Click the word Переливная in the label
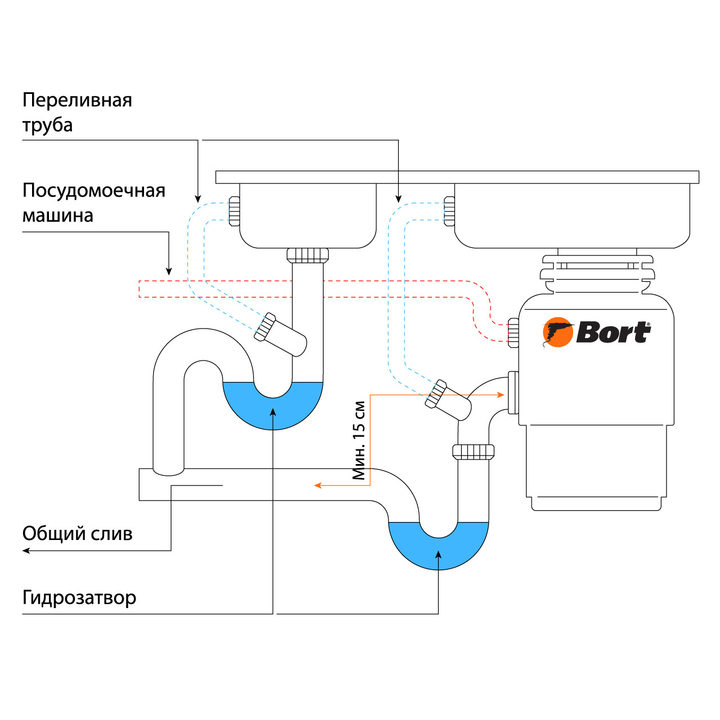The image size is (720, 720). pos(77,100)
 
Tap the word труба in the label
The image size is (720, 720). pos(47,125)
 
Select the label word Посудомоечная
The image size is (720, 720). pos(93,191)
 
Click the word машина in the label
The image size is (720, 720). pos(57,215)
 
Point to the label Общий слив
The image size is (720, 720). pos(77,533)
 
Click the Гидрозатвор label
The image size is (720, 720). pos(79,597)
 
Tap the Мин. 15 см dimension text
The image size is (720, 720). pos(359,440)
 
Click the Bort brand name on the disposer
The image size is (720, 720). pos(613,332)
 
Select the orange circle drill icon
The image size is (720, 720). pos(557,332)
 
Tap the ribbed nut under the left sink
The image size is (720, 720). pos(308,255)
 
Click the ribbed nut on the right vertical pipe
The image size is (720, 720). pos(473,451)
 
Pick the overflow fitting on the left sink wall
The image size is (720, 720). pos(235,211)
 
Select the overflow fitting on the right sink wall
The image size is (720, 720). pos(449,211)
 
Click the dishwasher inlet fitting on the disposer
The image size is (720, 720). pos(513,332)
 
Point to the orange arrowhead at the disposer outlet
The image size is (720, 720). pos(500,395)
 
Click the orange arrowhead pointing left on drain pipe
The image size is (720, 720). pos(318,485)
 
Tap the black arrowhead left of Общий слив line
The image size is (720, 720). pos(26,550)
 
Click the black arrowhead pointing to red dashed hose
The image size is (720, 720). pos(169,271)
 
